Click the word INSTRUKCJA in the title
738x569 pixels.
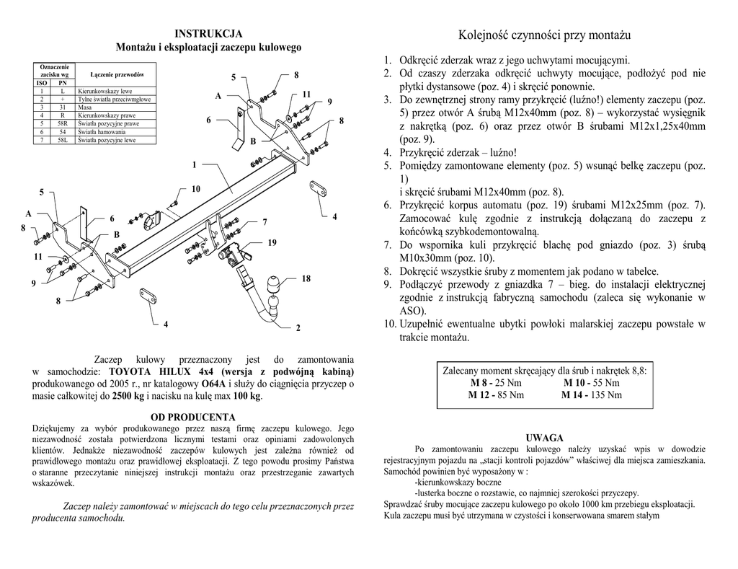pyautogui.click(x=209, y=34)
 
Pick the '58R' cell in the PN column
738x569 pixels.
pyautogui.click(x=63, y=123)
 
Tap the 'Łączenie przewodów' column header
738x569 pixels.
pyautogui.click(x=117, y=75)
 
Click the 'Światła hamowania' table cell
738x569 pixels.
pyautogui.click(x=101, y=132)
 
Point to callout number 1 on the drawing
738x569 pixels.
pyautogui.click(x=194, y=165)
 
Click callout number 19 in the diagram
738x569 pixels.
pyautogui.click(x=272, y=243)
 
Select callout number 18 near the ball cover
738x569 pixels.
pyautogui.click(x=306, y=278)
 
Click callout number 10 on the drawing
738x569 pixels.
pyautogui.click(x=195, y=189)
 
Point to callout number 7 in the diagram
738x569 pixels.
pyautogui.click(x=264, y=221)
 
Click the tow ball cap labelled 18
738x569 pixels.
pyautogui.click(x=275, y=282)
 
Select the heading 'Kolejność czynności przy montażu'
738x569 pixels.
pyautogui.click(x=544, y=35)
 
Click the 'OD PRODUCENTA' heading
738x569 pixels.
pyautogui.click(x=192, y=417)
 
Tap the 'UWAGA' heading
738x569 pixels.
pyautogui.click(x=544, y=438)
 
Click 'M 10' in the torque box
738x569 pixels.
pyautogui.click(x=574, y=382)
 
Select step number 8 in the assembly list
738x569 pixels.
pyautogui.click(x=387, y=270)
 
